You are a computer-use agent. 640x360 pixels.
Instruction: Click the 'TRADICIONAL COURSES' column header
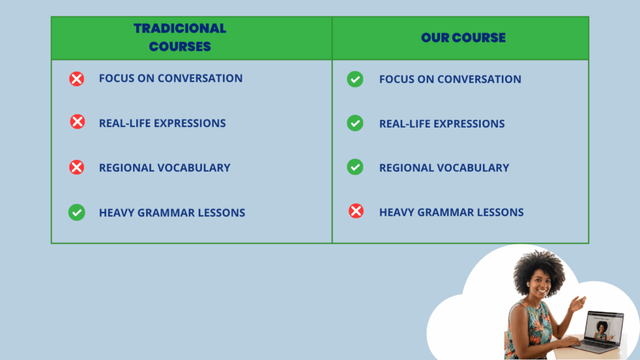coord(179,37)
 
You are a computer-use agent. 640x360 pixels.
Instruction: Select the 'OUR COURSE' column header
coord(463,37)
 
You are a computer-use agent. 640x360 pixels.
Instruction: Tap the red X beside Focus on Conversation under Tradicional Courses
coord(76,79)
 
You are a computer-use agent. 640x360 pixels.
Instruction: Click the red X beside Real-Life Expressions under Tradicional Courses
coord(77,122)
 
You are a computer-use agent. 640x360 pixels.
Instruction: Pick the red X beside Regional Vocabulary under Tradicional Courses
coord(76,167)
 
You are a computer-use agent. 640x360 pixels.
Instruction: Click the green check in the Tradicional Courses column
coord(77,212)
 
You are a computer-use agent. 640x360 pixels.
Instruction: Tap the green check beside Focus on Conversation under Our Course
coord(355,79)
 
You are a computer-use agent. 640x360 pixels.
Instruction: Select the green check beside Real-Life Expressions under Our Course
coord(355,123)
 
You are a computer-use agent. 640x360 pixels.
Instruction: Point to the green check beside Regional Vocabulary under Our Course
coord(355,167)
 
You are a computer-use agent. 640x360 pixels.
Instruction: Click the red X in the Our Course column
coord(356,211)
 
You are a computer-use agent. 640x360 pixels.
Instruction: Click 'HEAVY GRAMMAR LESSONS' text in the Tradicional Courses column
coord(172,212)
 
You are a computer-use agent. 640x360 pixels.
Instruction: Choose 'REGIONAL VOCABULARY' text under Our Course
coord(444,167)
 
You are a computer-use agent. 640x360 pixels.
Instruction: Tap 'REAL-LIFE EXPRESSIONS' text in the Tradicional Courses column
coord(162,123)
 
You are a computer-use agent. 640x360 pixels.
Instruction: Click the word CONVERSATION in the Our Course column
coord(479,79)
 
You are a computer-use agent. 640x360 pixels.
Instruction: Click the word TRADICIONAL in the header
coord(179,29)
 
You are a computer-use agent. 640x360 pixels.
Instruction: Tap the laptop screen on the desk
coord(604,327)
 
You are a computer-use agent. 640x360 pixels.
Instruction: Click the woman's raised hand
coord(578,303)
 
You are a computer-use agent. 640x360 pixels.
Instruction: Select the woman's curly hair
coord(539,269)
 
